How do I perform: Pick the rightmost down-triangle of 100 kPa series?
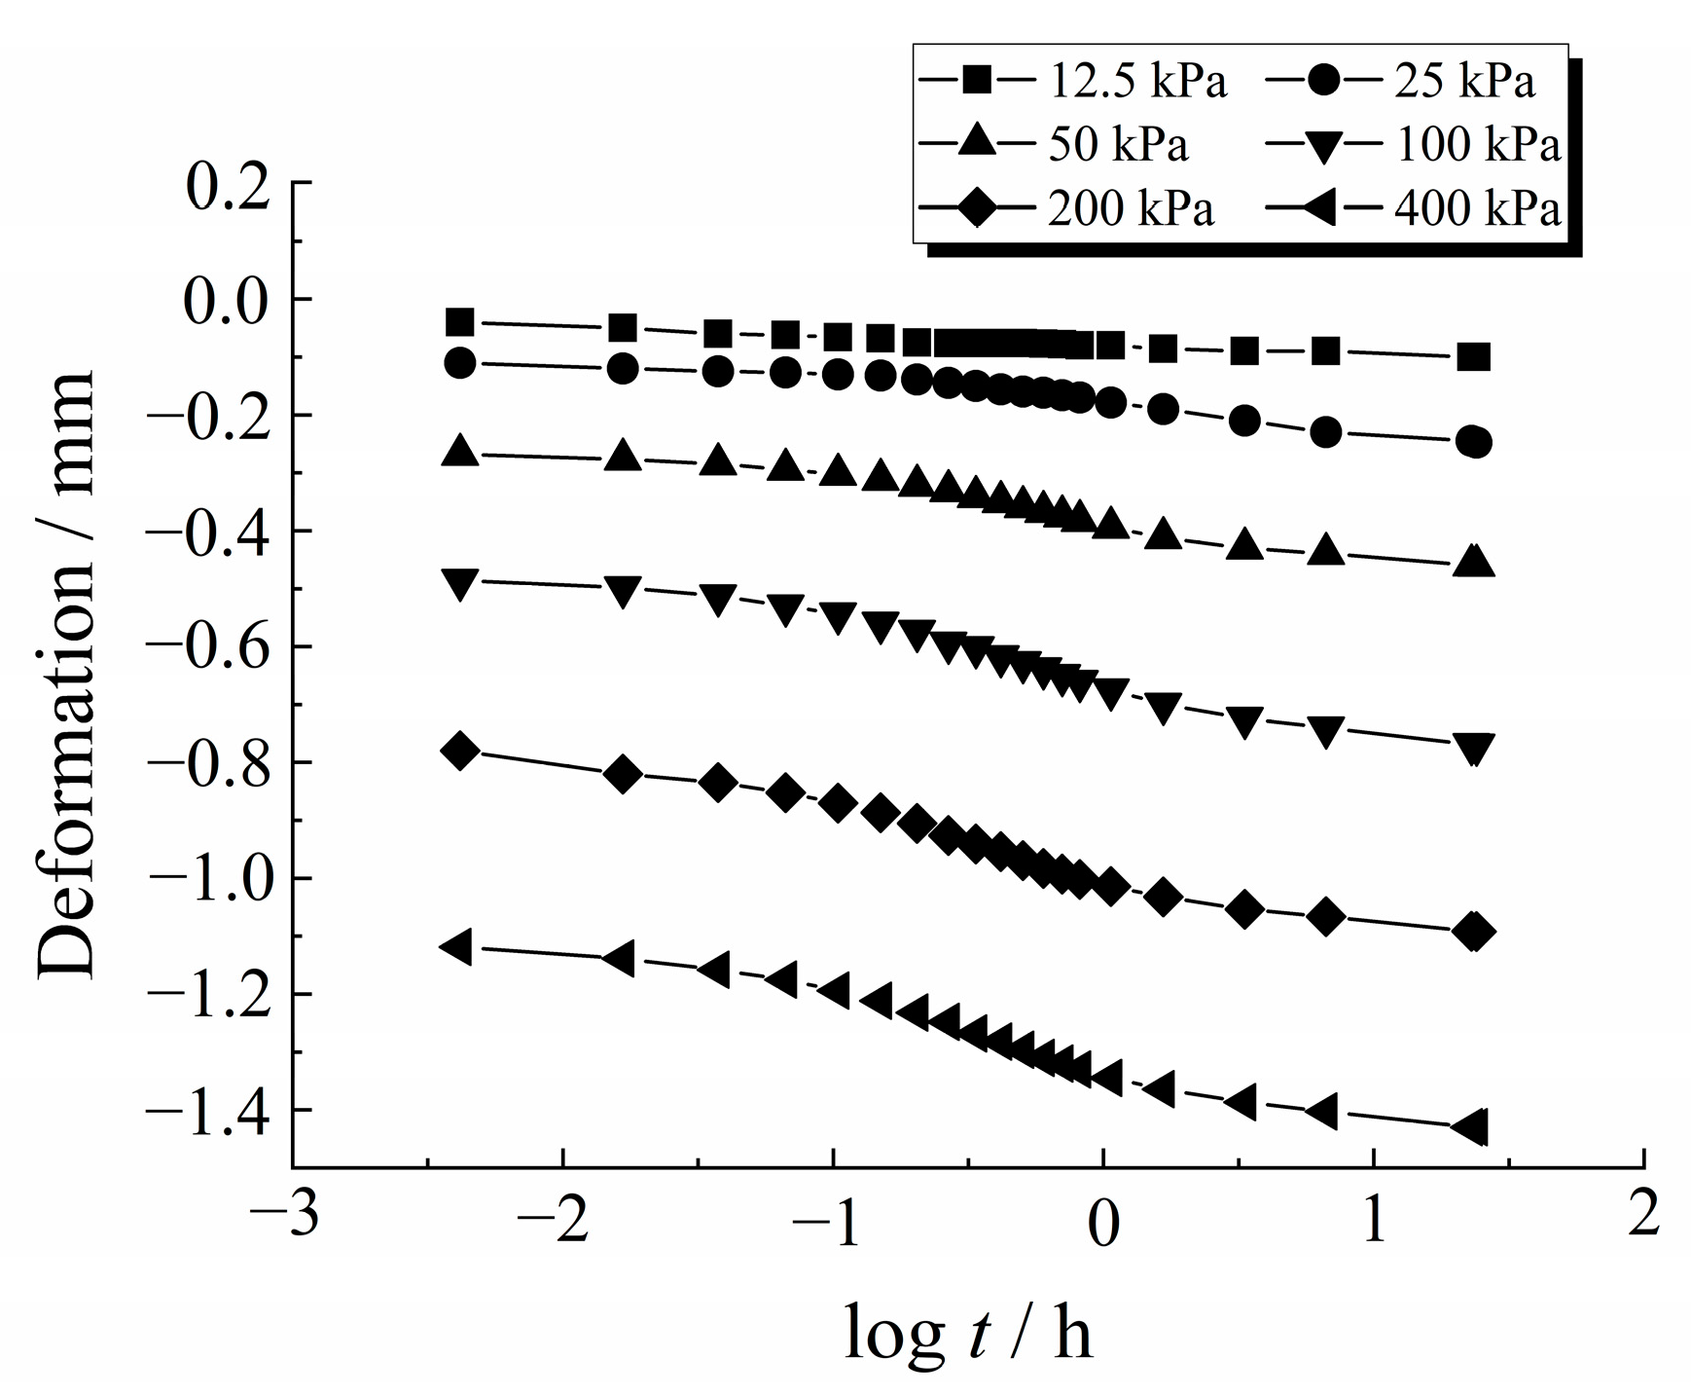pyautogui.click(x=1474, y=748)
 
